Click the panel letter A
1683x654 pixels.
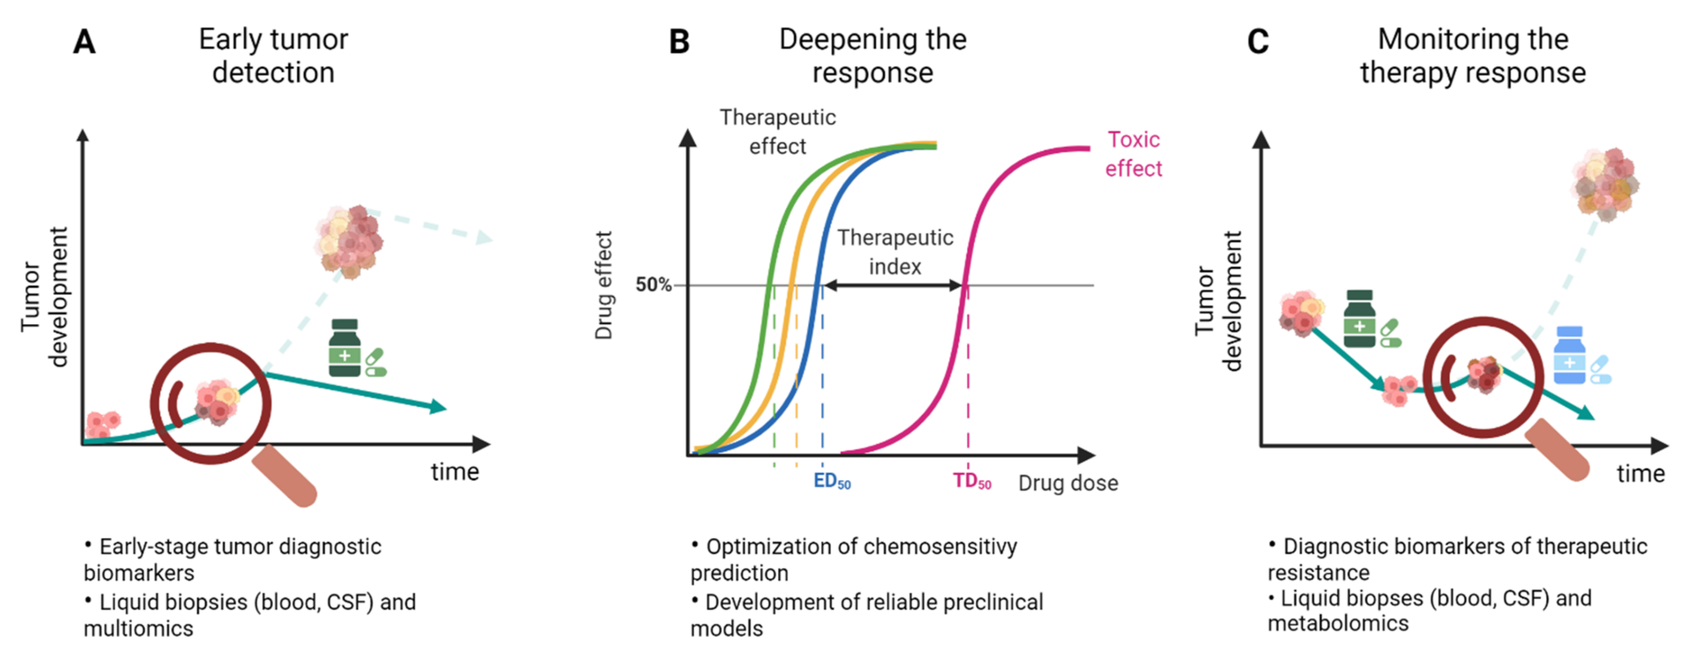point(84,42)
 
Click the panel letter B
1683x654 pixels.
point(679,42)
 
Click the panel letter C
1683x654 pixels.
point(1258,42)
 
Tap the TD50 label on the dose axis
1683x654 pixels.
point(971,482)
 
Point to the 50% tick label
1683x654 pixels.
point(653,285)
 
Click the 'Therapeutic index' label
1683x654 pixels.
point(895,252)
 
